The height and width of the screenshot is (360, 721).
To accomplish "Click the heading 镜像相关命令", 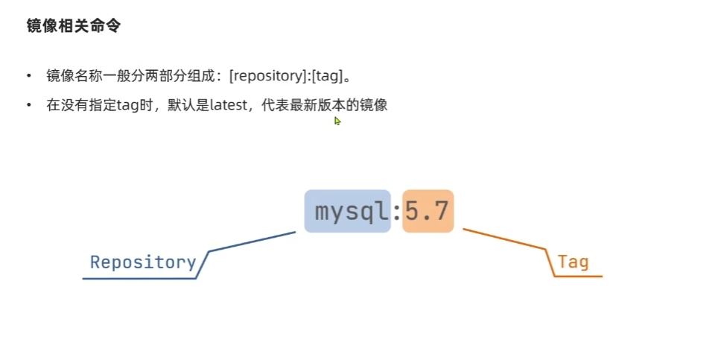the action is [74, 26].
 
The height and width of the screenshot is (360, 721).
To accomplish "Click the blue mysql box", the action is [347, 211].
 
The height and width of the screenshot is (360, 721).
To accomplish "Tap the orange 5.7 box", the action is [428, 211].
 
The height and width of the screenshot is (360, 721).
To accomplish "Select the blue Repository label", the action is [142, 262].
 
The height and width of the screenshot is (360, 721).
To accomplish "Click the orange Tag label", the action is [573, 262].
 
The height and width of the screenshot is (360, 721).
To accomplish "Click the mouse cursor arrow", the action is [337, 121].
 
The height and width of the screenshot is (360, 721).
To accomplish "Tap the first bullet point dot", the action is [29, 76].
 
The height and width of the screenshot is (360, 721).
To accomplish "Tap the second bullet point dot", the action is [29, 106].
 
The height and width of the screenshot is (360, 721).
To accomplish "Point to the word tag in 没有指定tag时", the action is [127, 105].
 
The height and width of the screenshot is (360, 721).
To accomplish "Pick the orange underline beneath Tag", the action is [578, 277].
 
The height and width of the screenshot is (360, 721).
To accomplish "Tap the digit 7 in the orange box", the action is [440, 211].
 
